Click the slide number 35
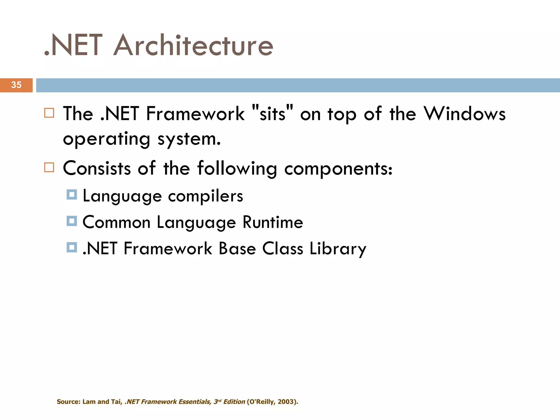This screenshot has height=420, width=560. pos(16,85)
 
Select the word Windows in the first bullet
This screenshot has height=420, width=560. pos(465,114)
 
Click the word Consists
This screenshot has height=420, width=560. pos(97,168)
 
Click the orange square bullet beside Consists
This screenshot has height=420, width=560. pos(49,167)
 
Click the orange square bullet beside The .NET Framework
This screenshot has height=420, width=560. pos(49,113)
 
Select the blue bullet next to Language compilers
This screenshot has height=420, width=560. pos(72,195)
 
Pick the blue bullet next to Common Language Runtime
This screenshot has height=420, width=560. pos(72,221)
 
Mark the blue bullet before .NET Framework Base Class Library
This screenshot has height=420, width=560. pos(72,247)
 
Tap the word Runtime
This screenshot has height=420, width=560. pos(273,222)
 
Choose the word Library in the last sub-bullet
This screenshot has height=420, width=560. pos(338,249)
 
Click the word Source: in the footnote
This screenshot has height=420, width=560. pos(68,402)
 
